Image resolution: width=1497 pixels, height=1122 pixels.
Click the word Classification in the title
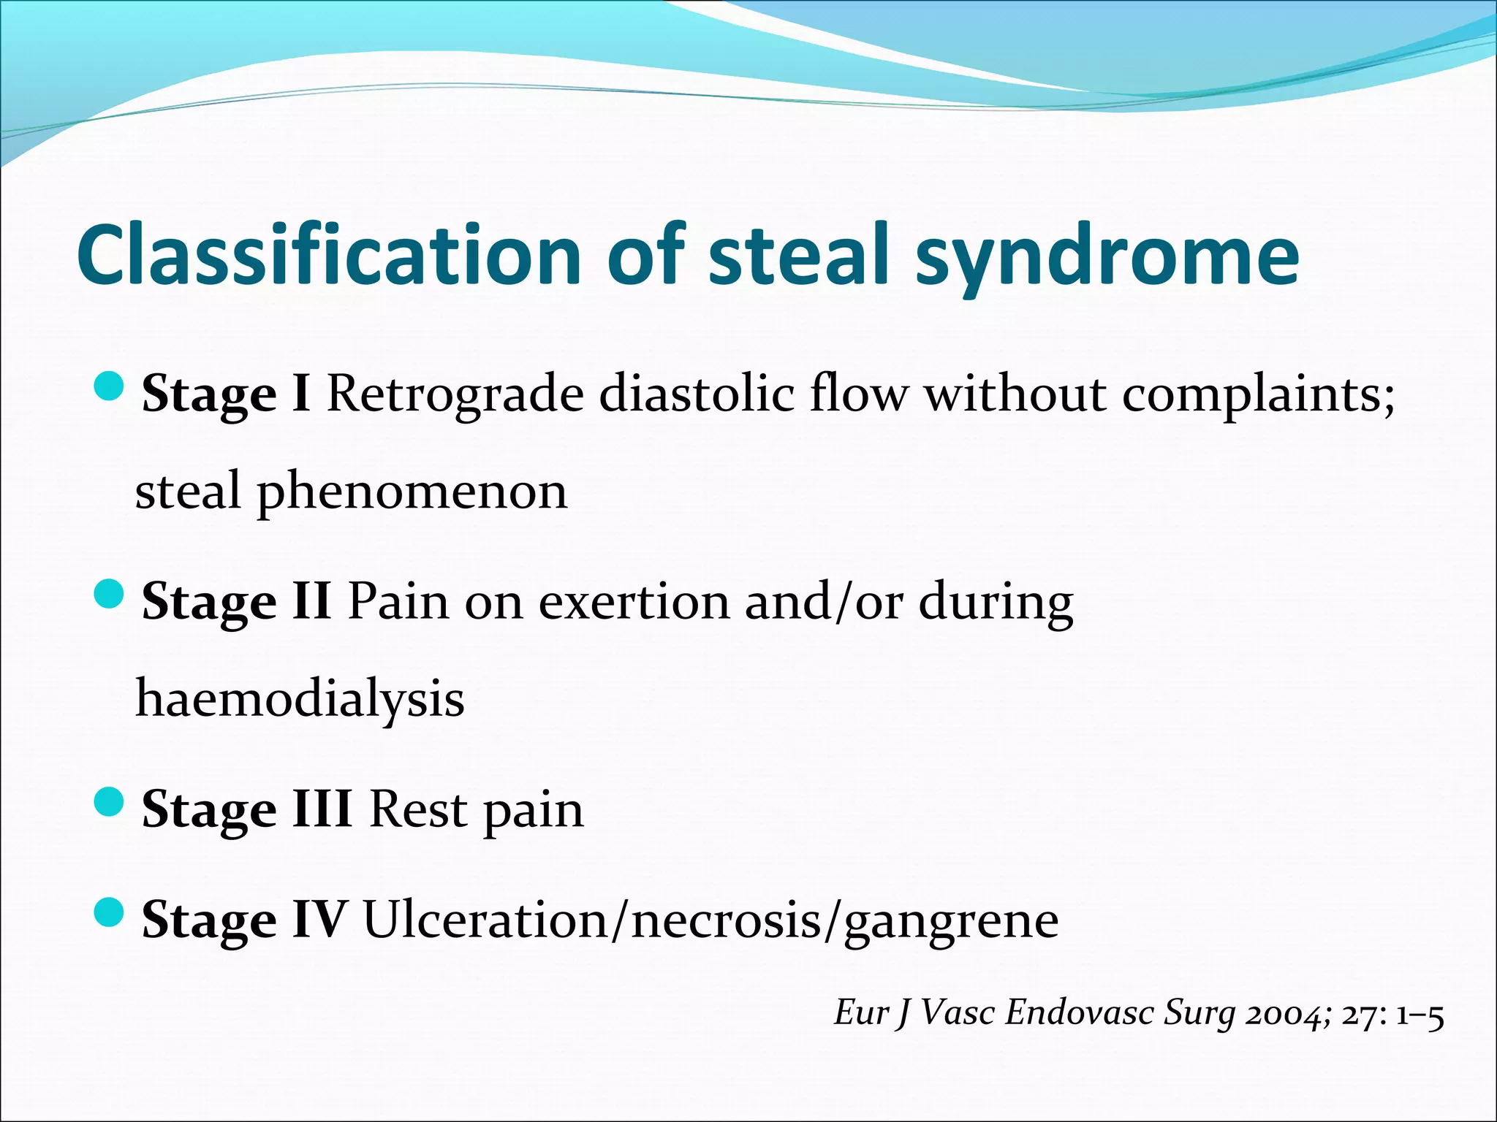(x=328, y=253)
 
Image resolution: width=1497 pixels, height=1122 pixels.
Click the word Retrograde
(x=455, y=395)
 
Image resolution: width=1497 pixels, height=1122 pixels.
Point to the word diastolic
(x=697, y=394)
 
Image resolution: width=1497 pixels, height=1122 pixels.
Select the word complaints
(x=1258, y=395)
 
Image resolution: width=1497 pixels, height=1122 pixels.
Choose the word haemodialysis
(x=300, y=700)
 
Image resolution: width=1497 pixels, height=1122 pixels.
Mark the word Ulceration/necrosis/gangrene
(x=710, y=920)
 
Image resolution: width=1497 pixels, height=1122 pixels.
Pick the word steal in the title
(x=798, y=253)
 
